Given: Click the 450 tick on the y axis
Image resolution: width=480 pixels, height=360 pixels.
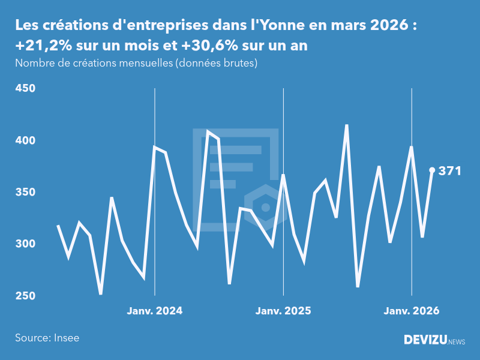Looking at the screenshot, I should coord(25,89).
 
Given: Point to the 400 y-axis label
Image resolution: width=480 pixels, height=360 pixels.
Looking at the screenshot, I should coord(25,140).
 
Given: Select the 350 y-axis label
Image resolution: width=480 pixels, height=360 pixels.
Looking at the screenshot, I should coord(25,193).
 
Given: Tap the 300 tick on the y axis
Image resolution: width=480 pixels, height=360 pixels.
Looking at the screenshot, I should coord(25,244).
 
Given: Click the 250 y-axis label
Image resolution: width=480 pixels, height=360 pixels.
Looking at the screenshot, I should coord(25,296).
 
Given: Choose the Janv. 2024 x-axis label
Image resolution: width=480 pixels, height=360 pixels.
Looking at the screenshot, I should coord(155,311).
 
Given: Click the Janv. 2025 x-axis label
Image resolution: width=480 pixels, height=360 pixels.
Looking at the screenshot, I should coord(283,311).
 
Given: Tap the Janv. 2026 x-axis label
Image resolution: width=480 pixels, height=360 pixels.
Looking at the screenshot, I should coord(412,311).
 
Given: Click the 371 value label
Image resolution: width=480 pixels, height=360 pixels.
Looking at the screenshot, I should coord(449,171).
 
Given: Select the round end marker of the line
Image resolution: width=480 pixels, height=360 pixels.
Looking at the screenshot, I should coord(432,170).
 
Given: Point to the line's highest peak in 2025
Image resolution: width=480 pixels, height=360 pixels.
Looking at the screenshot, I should coord(347,125).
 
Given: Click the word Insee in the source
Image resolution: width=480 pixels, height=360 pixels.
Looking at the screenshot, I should coord(65,338).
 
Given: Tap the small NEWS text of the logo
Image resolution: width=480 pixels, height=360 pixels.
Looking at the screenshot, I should coord(457,341).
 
